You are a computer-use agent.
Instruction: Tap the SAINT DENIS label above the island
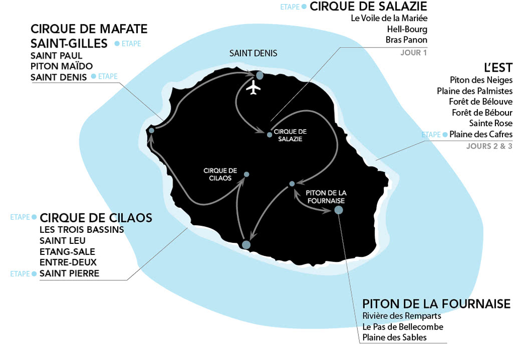click(253, 53)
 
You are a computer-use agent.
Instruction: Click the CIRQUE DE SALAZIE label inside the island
click(290, 135)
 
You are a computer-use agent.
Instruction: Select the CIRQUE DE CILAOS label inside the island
click(220, 174)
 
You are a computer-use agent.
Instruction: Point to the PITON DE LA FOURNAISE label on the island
click(326, 197)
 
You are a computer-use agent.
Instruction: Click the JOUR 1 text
click(414, 53)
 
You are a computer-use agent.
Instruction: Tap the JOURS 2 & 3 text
click(489, 146)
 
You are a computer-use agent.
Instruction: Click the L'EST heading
click(498, 68)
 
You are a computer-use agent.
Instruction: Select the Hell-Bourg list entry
click(407, 30)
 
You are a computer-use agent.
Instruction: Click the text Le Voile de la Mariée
click(389, 18)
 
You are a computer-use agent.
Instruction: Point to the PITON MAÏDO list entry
click(62, 67)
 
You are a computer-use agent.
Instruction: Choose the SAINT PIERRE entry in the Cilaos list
click(69, 273)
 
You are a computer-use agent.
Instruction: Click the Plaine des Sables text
click(395, 337)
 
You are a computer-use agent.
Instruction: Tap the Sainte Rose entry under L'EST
click(491, 123)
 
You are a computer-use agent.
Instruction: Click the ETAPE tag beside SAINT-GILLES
click(131, 44)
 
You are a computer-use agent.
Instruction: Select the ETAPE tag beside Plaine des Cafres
click(431, 135)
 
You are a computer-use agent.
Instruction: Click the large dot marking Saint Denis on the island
click(260, 76)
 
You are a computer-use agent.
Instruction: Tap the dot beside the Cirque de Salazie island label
click(270, 135)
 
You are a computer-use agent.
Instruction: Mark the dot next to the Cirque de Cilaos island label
click(246, 175)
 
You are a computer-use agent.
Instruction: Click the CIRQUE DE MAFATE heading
click(89, 29)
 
